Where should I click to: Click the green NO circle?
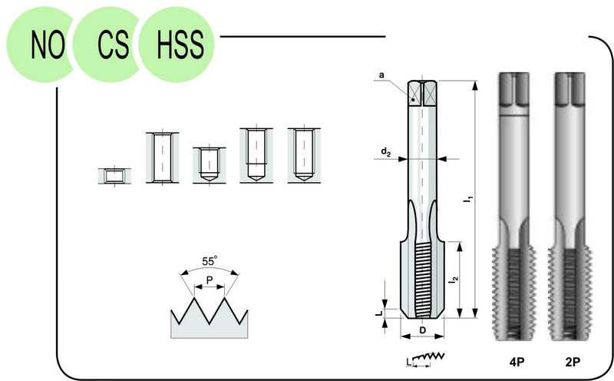[39, 44]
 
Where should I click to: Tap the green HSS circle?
[177, 44]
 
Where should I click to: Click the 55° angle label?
[210, 261]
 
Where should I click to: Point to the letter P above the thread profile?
[210, 280]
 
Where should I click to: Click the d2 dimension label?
[386, 151]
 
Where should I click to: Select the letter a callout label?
[381, 75]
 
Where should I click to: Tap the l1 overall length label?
[468, 199]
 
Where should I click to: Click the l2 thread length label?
[454, 280]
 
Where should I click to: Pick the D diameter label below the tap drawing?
[423, 330]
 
